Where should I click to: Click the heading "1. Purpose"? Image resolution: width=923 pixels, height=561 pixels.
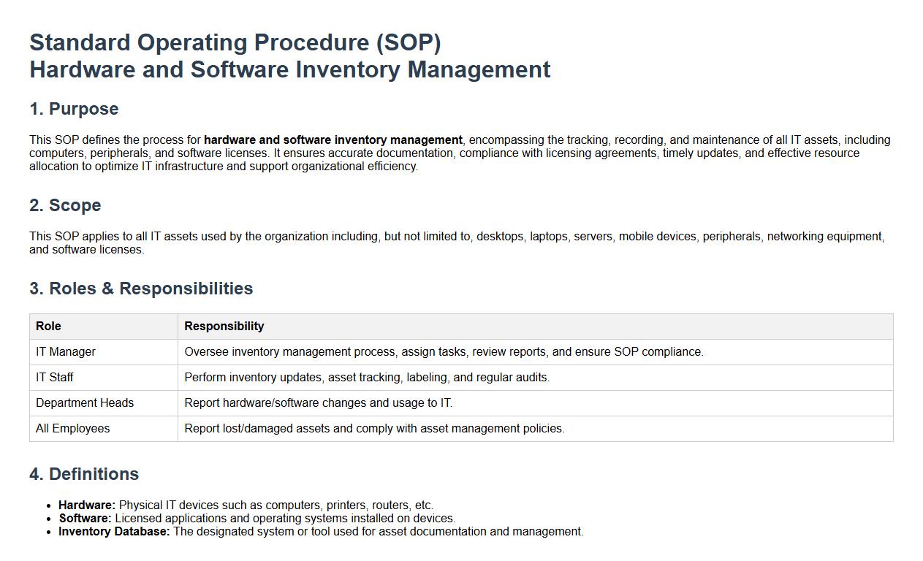[x=74, y=109]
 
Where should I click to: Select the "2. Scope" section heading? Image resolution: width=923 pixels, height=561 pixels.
[x=65, y=205]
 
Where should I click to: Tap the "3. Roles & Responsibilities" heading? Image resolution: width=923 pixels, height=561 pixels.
[x=141, y=289]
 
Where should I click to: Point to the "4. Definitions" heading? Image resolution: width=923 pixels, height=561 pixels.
[x=84, y=473]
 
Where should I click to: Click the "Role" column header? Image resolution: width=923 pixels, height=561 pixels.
[x=48, y=326]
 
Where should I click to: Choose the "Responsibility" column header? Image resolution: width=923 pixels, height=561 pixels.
[x=224, y=326]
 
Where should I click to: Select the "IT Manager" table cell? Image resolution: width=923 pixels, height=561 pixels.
[x=66, y=352]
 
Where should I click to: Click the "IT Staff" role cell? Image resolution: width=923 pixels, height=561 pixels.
[x=54, y=378]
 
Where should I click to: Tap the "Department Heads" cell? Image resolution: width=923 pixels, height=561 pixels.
[x=85, y=402]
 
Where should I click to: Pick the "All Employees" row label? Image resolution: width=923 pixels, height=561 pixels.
[x=73, y=428]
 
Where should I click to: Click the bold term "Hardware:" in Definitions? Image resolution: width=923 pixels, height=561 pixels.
[x=87, y=505]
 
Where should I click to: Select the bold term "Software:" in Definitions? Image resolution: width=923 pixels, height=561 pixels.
[x=86, y=518]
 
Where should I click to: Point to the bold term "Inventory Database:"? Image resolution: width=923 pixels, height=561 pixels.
[x=114, y=531]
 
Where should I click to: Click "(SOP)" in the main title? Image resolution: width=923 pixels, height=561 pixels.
[x=409, y=42]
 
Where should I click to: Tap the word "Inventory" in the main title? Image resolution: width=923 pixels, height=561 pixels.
[x=348, y=69]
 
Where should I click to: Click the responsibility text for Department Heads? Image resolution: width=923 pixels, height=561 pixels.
[x=319, y=402]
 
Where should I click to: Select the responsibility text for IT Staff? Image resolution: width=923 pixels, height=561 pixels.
[x=367, y=378]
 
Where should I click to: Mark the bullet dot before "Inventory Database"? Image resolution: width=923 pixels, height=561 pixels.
[x=49, y=533]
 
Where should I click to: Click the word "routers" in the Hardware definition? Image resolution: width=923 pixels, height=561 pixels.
[x=390, y=505]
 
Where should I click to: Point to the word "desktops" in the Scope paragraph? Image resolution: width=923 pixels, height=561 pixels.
[x=501, y=237]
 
